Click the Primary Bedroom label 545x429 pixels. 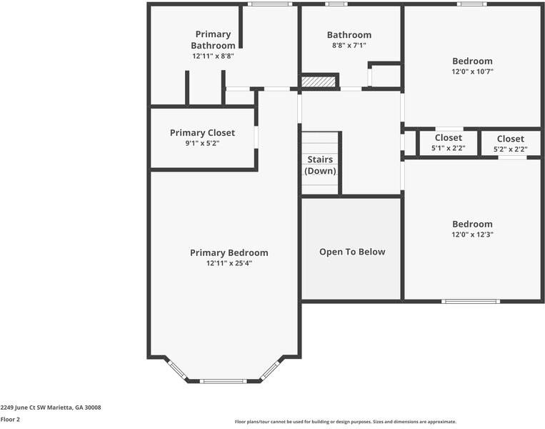[x=229, y=252]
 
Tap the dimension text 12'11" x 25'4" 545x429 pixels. [x=229, y=263]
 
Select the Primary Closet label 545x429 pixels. [x=202, y=132]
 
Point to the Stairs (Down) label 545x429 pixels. [x=320, y=165]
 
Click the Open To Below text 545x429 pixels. [x=351, y=252]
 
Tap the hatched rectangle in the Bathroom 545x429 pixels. [x=318, y=82]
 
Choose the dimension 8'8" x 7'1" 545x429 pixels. [x=349, y=45]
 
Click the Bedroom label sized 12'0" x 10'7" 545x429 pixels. [x=472, y=61]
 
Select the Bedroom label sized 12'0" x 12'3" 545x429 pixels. [x=472, y=224]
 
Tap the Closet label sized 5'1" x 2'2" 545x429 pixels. [x=448, y=137]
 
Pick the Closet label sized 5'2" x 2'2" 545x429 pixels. [x=510, y=139]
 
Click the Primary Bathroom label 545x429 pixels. [x=213, y=39]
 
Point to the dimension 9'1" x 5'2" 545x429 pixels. [x=202, y=143]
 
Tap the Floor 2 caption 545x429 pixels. [x=10, y=420]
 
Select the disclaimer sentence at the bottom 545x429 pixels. [x=345, y=422]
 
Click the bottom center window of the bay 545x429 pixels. [x=223, y=381]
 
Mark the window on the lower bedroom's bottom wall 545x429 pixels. [x=469, y=301]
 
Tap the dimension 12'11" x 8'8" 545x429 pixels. [x=213, y=56]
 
